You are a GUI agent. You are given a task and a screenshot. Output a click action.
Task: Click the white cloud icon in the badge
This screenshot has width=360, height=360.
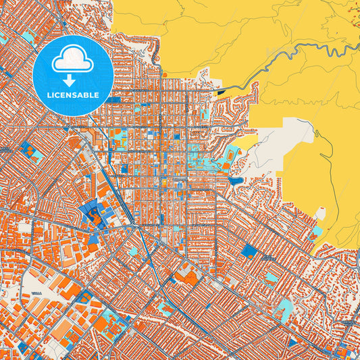(73, 60)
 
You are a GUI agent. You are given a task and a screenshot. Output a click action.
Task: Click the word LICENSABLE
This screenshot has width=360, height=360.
(73, 94)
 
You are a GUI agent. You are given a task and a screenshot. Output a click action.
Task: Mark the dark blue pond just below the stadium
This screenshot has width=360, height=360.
(234, 180)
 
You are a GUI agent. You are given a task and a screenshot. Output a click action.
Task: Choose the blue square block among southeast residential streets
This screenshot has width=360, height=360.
(249, 251)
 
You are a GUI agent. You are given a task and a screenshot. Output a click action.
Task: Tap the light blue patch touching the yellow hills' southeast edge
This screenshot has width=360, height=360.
(317, 232)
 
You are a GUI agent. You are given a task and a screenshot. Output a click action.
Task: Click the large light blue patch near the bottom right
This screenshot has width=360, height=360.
(284, 309)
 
